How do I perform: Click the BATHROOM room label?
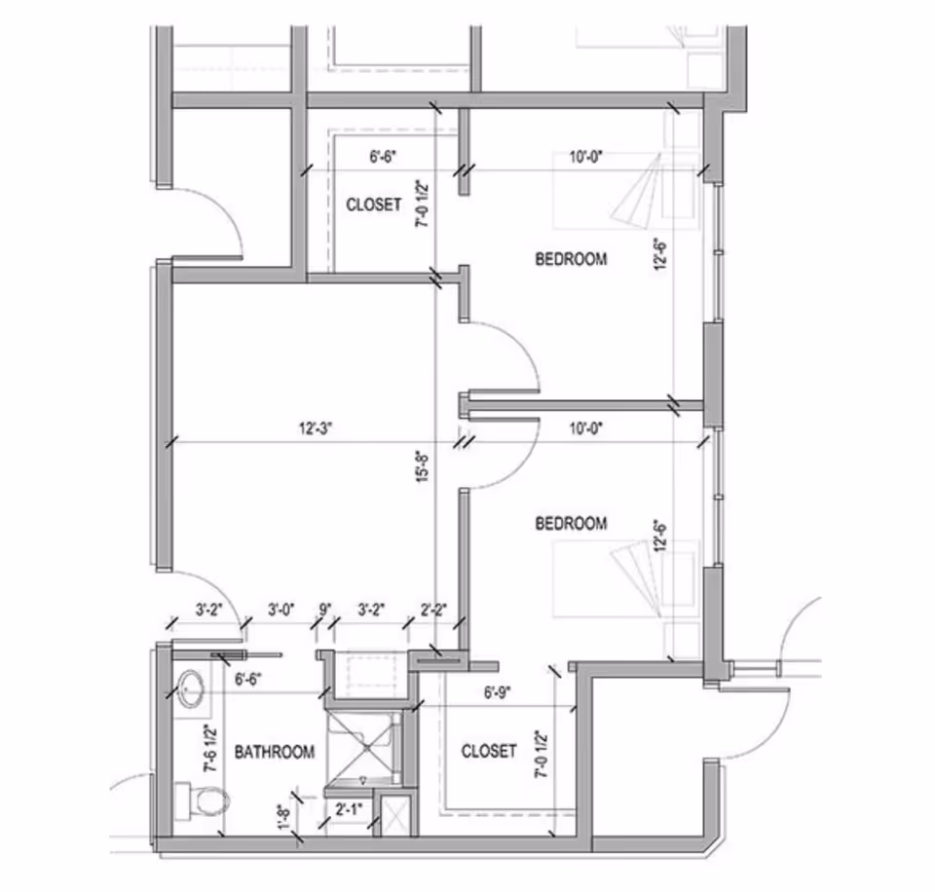tap(275, 752)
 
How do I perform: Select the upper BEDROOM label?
tap(572, 259)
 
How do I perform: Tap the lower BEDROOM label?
tap(572, 524)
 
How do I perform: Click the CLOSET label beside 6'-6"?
tap(374, 204)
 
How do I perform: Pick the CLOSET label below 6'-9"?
tap(489, 751)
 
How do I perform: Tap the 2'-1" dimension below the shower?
tap(347, 809)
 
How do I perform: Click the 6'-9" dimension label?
tap(499, 694)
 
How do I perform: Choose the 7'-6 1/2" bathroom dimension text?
tap(208, 748)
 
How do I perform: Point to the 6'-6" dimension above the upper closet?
tap(383, 155)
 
